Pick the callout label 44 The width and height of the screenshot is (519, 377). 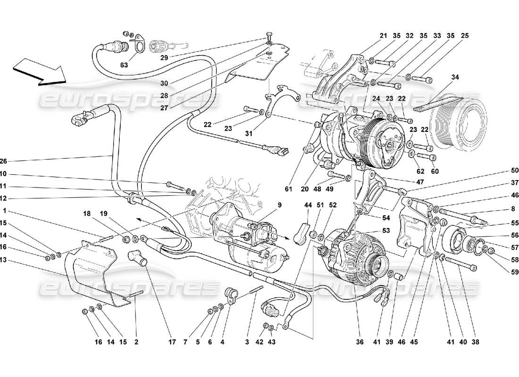tap(308, 205)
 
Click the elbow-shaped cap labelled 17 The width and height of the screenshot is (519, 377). tap(136, 258)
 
